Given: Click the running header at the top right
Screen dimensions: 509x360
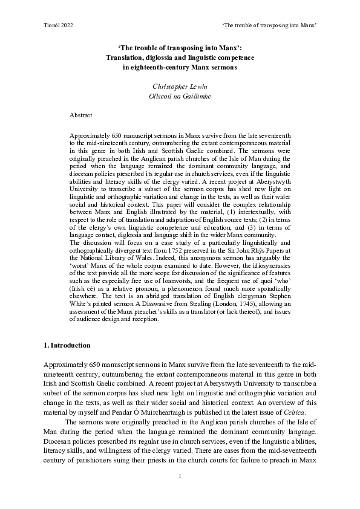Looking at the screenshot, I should [270, 24].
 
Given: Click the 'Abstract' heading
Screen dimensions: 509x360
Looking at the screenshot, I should [81, 114].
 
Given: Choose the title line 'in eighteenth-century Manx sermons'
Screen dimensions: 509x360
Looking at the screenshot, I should [180, 68].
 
